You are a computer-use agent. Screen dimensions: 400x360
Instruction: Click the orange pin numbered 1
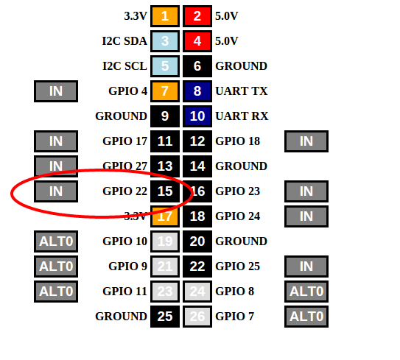coord(165,16)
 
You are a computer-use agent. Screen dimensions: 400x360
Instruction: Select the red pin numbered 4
coord(197,41)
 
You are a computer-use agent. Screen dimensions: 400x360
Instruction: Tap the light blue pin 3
coord(165,41)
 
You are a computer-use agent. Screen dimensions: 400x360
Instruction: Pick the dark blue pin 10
coord(197,116)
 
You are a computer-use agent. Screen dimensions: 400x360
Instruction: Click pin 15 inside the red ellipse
coord(165,191)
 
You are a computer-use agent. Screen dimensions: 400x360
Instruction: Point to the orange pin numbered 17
coord(165,216)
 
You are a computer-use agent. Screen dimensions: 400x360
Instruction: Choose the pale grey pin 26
coord(197,317)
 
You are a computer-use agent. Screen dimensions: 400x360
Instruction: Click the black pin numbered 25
coord(165,317)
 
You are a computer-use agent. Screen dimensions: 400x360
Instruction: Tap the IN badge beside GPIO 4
coord(56,91)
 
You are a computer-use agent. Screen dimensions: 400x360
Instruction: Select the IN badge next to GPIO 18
coord(306,141)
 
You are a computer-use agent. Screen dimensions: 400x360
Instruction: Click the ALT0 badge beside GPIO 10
coord(56,241)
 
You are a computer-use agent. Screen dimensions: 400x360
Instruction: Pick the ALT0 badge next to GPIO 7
coord(306,317)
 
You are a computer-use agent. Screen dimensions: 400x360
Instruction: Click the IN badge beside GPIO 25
coord(306,267)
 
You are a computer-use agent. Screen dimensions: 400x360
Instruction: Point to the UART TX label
coord(242,91)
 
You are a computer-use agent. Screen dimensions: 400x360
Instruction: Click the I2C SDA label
coord(124,41)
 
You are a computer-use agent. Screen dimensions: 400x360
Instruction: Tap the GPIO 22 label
coord(124,191)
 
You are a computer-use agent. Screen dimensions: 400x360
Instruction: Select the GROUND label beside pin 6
coord(241,66)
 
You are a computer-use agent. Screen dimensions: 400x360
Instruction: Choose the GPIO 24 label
coord(237,216)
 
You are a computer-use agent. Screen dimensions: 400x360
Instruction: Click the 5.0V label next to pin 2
coord(227,16)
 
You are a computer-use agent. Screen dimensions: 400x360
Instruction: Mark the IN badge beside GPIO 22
coord(56,191)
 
